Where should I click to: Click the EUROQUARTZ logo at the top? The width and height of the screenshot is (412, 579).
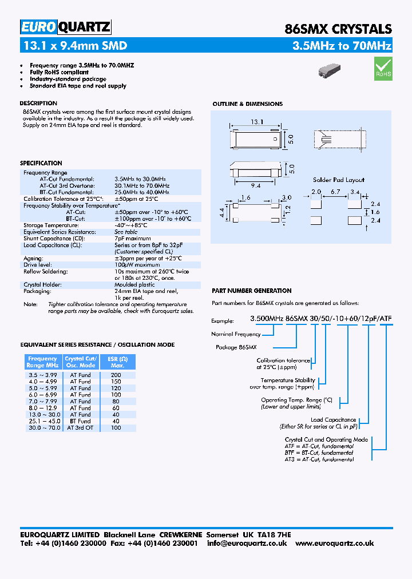click(x=65, y=27)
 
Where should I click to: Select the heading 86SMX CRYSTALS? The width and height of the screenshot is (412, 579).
click(x=338, y=29)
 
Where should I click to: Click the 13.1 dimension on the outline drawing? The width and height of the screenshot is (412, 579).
click(x=256, y=121)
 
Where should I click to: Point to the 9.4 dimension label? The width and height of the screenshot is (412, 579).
click(x=255, y=185)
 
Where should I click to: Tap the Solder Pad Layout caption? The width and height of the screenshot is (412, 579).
click(x=338, y=180)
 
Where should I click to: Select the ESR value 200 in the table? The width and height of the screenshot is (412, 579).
click(x=116, y=375)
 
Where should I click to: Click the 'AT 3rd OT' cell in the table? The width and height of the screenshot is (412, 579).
click(x=80, y=427)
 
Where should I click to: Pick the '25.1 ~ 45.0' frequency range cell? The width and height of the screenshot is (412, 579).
click(x=42, y=421)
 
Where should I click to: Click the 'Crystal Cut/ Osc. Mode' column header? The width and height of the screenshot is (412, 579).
click(x=80, y=362)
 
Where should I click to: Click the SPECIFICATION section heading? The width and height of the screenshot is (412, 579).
click(x=41, y=163)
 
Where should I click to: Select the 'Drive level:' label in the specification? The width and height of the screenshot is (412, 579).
click(x=38, y=265)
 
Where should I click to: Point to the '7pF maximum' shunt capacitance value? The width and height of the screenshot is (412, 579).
click(x=133, y=238)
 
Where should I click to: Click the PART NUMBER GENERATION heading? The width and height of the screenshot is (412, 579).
click(x=251, y=291)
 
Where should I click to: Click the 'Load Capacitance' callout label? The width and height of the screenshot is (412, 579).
click(x=333, y=419)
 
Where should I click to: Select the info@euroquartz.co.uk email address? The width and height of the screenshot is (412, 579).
click(x=247, y=543)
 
